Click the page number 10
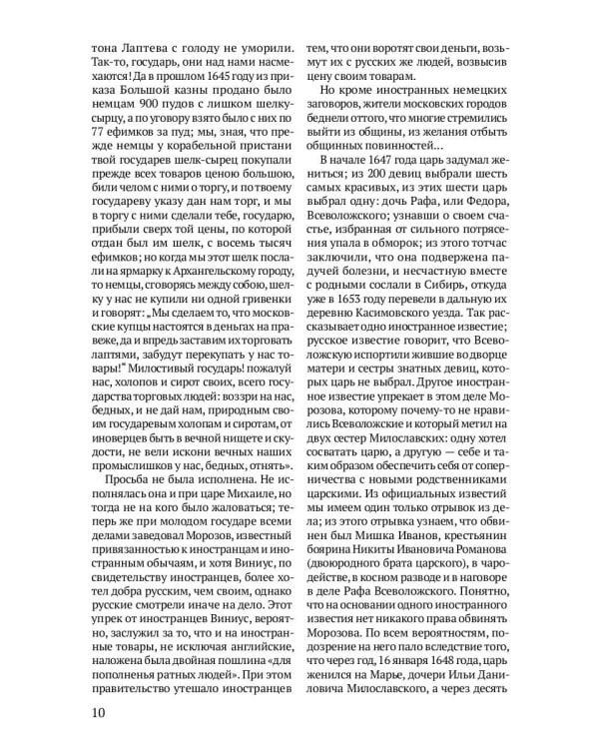98,712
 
